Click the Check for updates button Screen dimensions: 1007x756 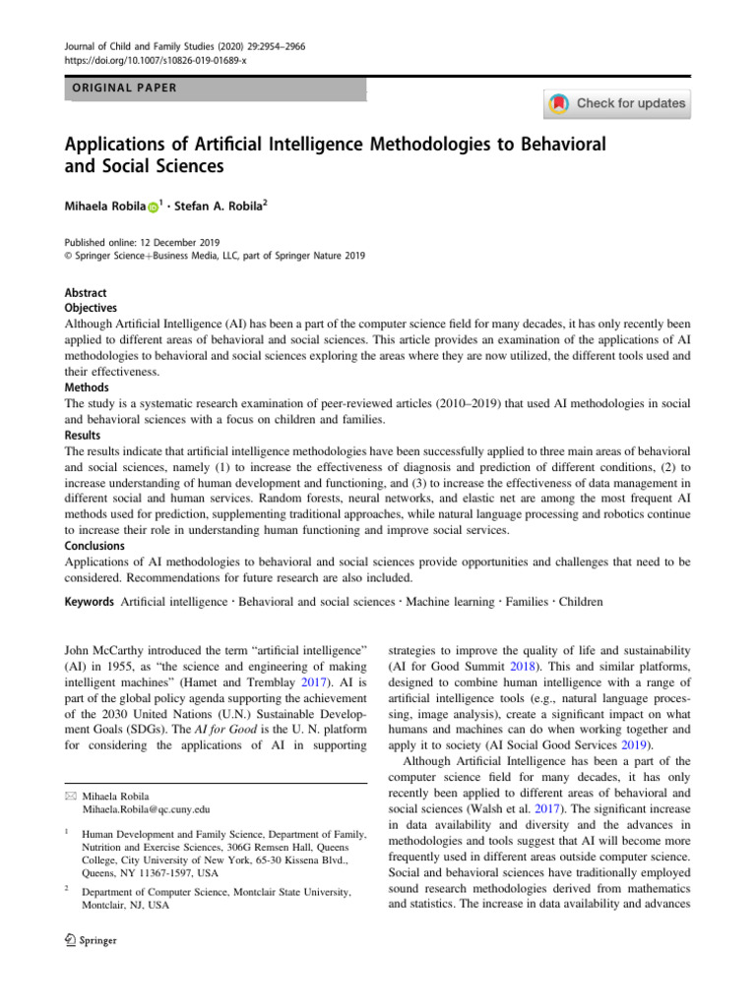coord(616,103)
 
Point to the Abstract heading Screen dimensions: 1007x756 coord(85,293)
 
